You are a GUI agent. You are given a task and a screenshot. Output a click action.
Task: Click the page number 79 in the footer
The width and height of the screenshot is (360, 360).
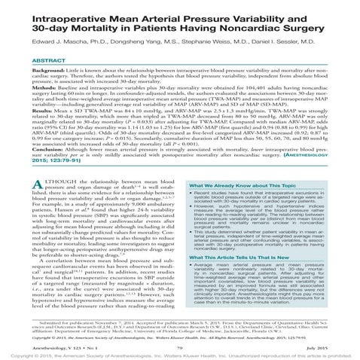179,339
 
